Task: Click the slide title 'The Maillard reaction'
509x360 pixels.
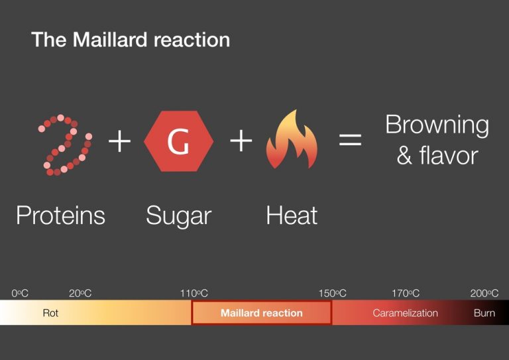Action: click(131, 40)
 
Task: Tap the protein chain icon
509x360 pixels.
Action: click(64, 145)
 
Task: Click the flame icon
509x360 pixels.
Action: click(292, 141)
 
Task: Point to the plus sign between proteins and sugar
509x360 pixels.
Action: click(120, 141)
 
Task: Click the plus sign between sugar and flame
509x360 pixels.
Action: click(241, 141)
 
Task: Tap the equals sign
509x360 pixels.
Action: click(351, 141)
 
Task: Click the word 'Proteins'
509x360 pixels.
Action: click(60, 215)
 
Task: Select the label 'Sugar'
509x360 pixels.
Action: click(178, 215)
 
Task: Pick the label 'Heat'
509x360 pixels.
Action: click(292, 215)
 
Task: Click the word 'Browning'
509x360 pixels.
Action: click(437, 125)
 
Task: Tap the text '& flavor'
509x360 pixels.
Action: click(437, 156)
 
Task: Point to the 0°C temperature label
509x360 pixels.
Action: click(20, 293)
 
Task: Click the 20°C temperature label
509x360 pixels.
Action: click(80, 293)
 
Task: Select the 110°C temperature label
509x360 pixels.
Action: click(194, 293)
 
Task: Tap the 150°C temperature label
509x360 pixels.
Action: click(332, 293)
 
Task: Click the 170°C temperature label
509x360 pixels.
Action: click(406, 293)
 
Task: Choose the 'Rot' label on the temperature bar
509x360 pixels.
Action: click(50, 313)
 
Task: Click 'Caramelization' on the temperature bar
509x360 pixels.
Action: click(405, 313)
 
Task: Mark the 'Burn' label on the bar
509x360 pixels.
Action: click(484, 313)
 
